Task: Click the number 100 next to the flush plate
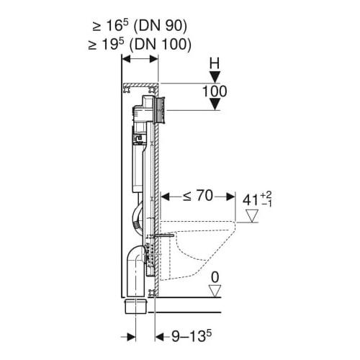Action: (214, 92)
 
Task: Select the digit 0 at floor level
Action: (214, 275)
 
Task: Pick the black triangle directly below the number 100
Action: (214, 106)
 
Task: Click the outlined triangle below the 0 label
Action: (214, 289)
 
